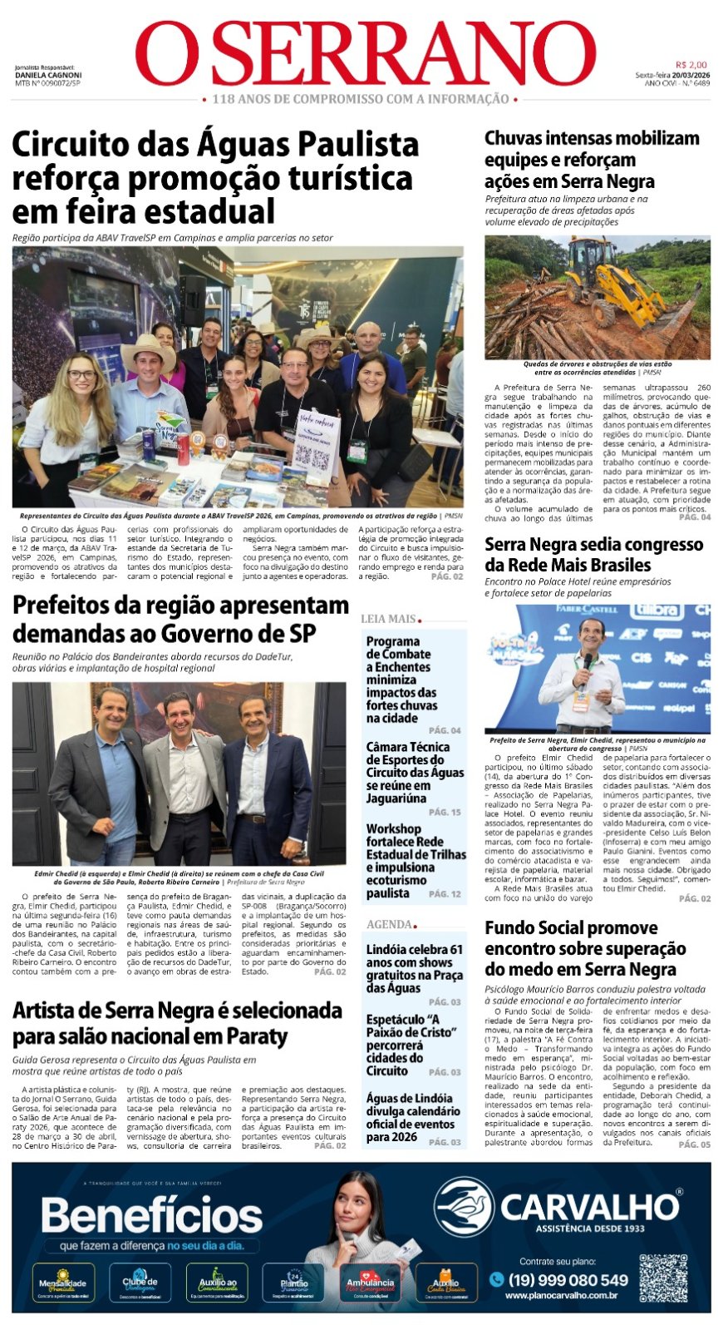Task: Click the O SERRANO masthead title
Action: (x=366, y=53)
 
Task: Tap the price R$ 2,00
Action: (x=691, y=65)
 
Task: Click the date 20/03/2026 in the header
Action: (x=691, y=75)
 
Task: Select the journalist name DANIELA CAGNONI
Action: (x=48, y=76)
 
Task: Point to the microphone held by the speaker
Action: (x=588, y=662)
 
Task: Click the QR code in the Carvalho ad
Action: (x=662, y=1278)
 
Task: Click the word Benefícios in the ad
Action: (x=152, y=1217)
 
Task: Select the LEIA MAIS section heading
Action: (x=389, y=619)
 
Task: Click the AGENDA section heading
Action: (x=389, y=924)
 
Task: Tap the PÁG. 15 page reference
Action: (x=445, y=812)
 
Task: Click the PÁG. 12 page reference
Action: (x=445, y=893)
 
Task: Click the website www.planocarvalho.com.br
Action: (x=560, y=1295)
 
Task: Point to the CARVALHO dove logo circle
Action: (x=464, y=1207)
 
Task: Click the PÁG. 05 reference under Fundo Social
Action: (x=694, y=1145)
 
